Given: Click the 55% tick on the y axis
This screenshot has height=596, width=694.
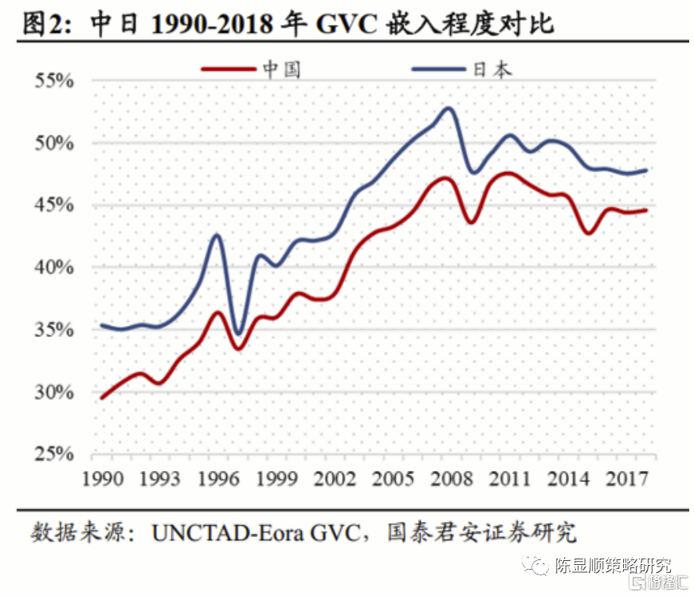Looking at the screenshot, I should (53, 81).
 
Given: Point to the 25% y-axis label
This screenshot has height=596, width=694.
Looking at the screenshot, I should (53, 454).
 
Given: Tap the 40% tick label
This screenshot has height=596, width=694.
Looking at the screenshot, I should (53, 268).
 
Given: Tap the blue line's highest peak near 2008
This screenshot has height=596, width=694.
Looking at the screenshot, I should (449, 108).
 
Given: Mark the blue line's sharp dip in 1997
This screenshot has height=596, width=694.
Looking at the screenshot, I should (237, 334).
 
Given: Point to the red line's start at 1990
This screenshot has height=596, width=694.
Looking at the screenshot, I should (102, 398).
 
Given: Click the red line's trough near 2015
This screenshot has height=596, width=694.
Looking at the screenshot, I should (588, 233).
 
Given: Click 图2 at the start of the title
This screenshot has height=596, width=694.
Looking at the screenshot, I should (45, 25).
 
